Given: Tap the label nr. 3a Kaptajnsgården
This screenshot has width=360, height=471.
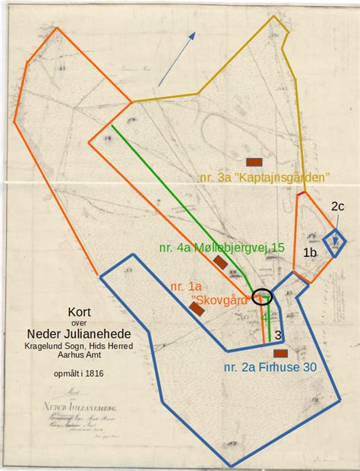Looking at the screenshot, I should point(264,177).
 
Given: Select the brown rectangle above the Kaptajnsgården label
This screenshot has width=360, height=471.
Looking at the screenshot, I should point(254,161).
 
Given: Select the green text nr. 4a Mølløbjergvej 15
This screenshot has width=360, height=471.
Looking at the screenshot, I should point(222,248).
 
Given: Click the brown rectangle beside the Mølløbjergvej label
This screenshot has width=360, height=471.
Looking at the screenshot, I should point(221,262).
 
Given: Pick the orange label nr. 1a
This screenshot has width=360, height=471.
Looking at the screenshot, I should point(185,286).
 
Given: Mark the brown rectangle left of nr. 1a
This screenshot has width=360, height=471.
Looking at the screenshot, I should point(197,308).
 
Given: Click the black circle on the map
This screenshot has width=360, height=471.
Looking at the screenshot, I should point(262,297).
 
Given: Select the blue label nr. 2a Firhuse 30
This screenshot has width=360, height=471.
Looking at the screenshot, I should point(270,368).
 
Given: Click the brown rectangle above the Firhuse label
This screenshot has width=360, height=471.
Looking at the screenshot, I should point(279,353).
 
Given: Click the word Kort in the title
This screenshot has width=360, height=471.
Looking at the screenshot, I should point(79,311).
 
